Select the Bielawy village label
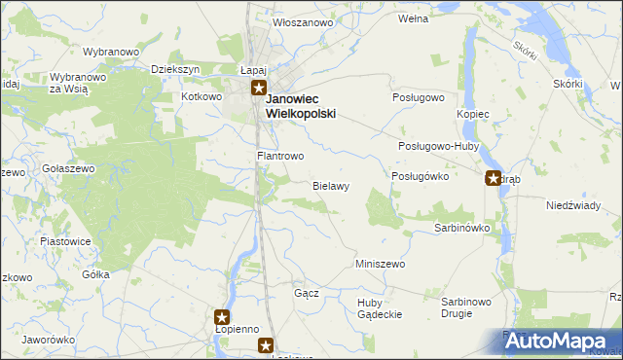331,185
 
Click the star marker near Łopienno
222,316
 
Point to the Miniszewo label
380,264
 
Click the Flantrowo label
280,156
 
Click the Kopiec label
473,115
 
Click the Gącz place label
307,293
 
